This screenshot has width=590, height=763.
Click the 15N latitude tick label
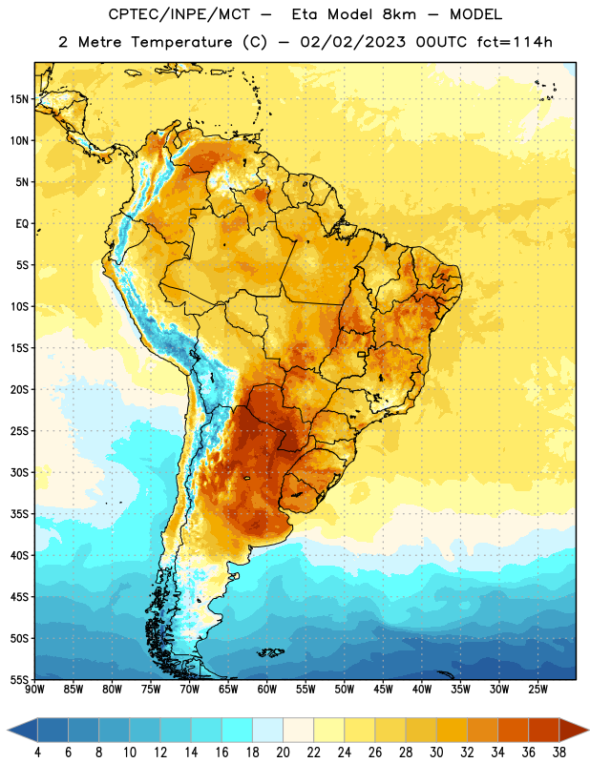tap(19, 99)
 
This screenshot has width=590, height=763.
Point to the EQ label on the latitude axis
tap(22, 224)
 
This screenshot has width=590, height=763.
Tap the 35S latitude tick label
tap(19, 514)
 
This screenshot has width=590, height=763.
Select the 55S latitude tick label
tap(19, 679)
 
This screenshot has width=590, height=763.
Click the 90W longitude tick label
tap(34, 689)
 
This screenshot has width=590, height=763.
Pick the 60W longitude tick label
tap(267, 689)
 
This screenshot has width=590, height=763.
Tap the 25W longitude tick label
tap(537, 689)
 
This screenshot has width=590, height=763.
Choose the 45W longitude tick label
tap(383, 689)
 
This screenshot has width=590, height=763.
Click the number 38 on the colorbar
tap(559, 753)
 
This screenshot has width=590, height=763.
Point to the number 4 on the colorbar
tap(37, 753)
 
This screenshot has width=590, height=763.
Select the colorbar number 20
tap(283, 753)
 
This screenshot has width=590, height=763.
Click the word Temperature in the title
tap(181, 42)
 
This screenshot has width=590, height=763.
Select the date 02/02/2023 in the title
tap(352, 42)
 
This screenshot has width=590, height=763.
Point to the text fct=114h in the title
tap(515, 42)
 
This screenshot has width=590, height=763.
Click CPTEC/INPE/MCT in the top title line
tap(179, 14)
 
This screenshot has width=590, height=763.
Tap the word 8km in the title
tap(399, 14)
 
